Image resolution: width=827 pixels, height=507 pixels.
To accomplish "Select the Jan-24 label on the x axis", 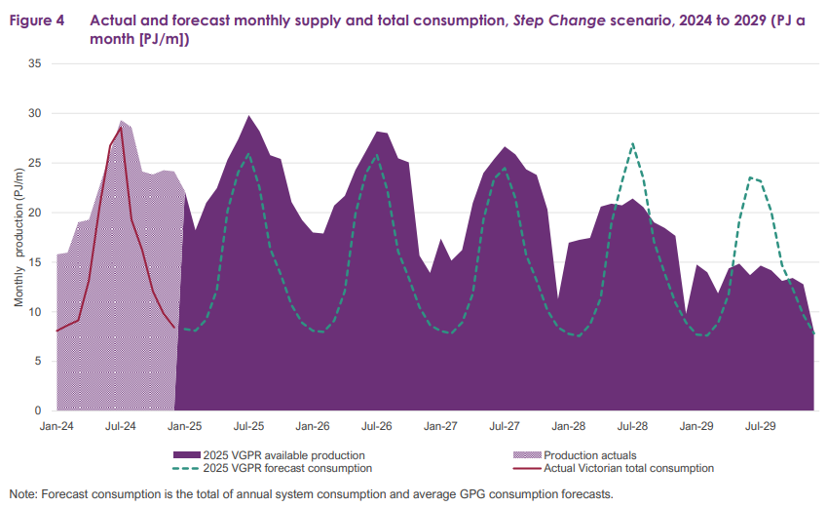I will (56, 426).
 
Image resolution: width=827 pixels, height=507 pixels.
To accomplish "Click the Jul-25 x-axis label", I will (248, 426).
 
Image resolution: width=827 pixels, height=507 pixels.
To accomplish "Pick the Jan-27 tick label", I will (440, 426).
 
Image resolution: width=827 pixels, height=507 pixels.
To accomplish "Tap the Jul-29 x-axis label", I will (760, 426).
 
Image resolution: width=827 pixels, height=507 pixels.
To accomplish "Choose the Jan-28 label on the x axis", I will (568, 426).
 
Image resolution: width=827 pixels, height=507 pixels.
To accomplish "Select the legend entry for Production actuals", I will (587, 454).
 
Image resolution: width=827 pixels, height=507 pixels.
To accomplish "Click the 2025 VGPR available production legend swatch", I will (186, 454).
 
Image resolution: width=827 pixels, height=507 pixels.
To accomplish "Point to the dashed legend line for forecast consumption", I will (186, 468).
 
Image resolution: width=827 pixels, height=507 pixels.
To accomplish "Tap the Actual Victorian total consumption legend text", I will (628, 468).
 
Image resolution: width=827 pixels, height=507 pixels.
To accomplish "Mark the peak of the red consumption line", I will (121, 127).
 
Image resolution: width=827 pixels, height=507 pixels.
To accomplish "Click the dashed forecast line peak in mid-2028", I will (633, 143).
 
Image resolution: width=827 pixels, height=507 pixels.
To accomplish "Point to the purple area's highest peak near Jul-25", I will (249, 116).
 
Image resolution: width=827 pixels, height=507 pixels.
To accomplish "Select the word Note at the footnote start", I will (23, 493).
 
